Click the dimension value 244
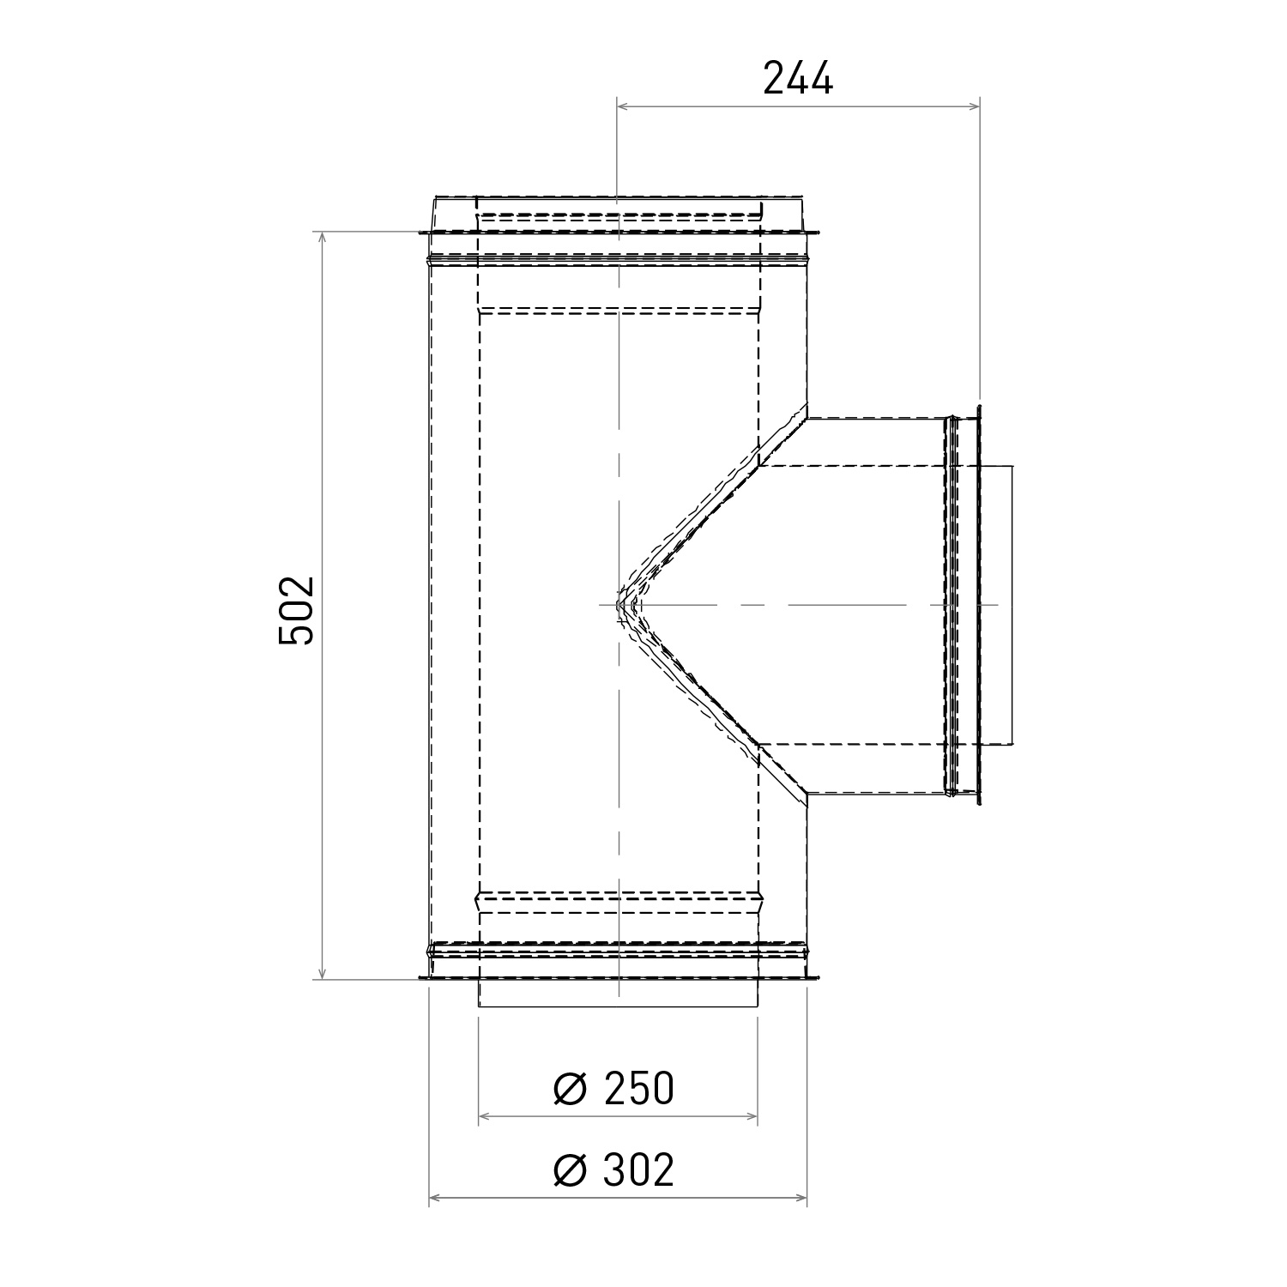[798, 80]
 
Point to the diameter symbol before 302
[570, 1170]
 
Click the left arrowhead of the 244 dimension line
[625, 106]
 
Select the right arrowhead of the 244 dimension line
[973, 106]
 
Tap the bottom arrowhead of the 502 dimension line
[323, 972]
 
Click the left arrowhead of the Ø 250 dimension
[485, 1117]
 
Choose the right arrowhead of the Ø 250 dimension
[752, 1117]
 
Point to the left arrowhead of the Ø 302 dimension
[436, 1198]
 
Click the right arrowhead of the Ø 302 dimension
[801, 1198]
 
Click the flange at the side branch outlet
[977, 605]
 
